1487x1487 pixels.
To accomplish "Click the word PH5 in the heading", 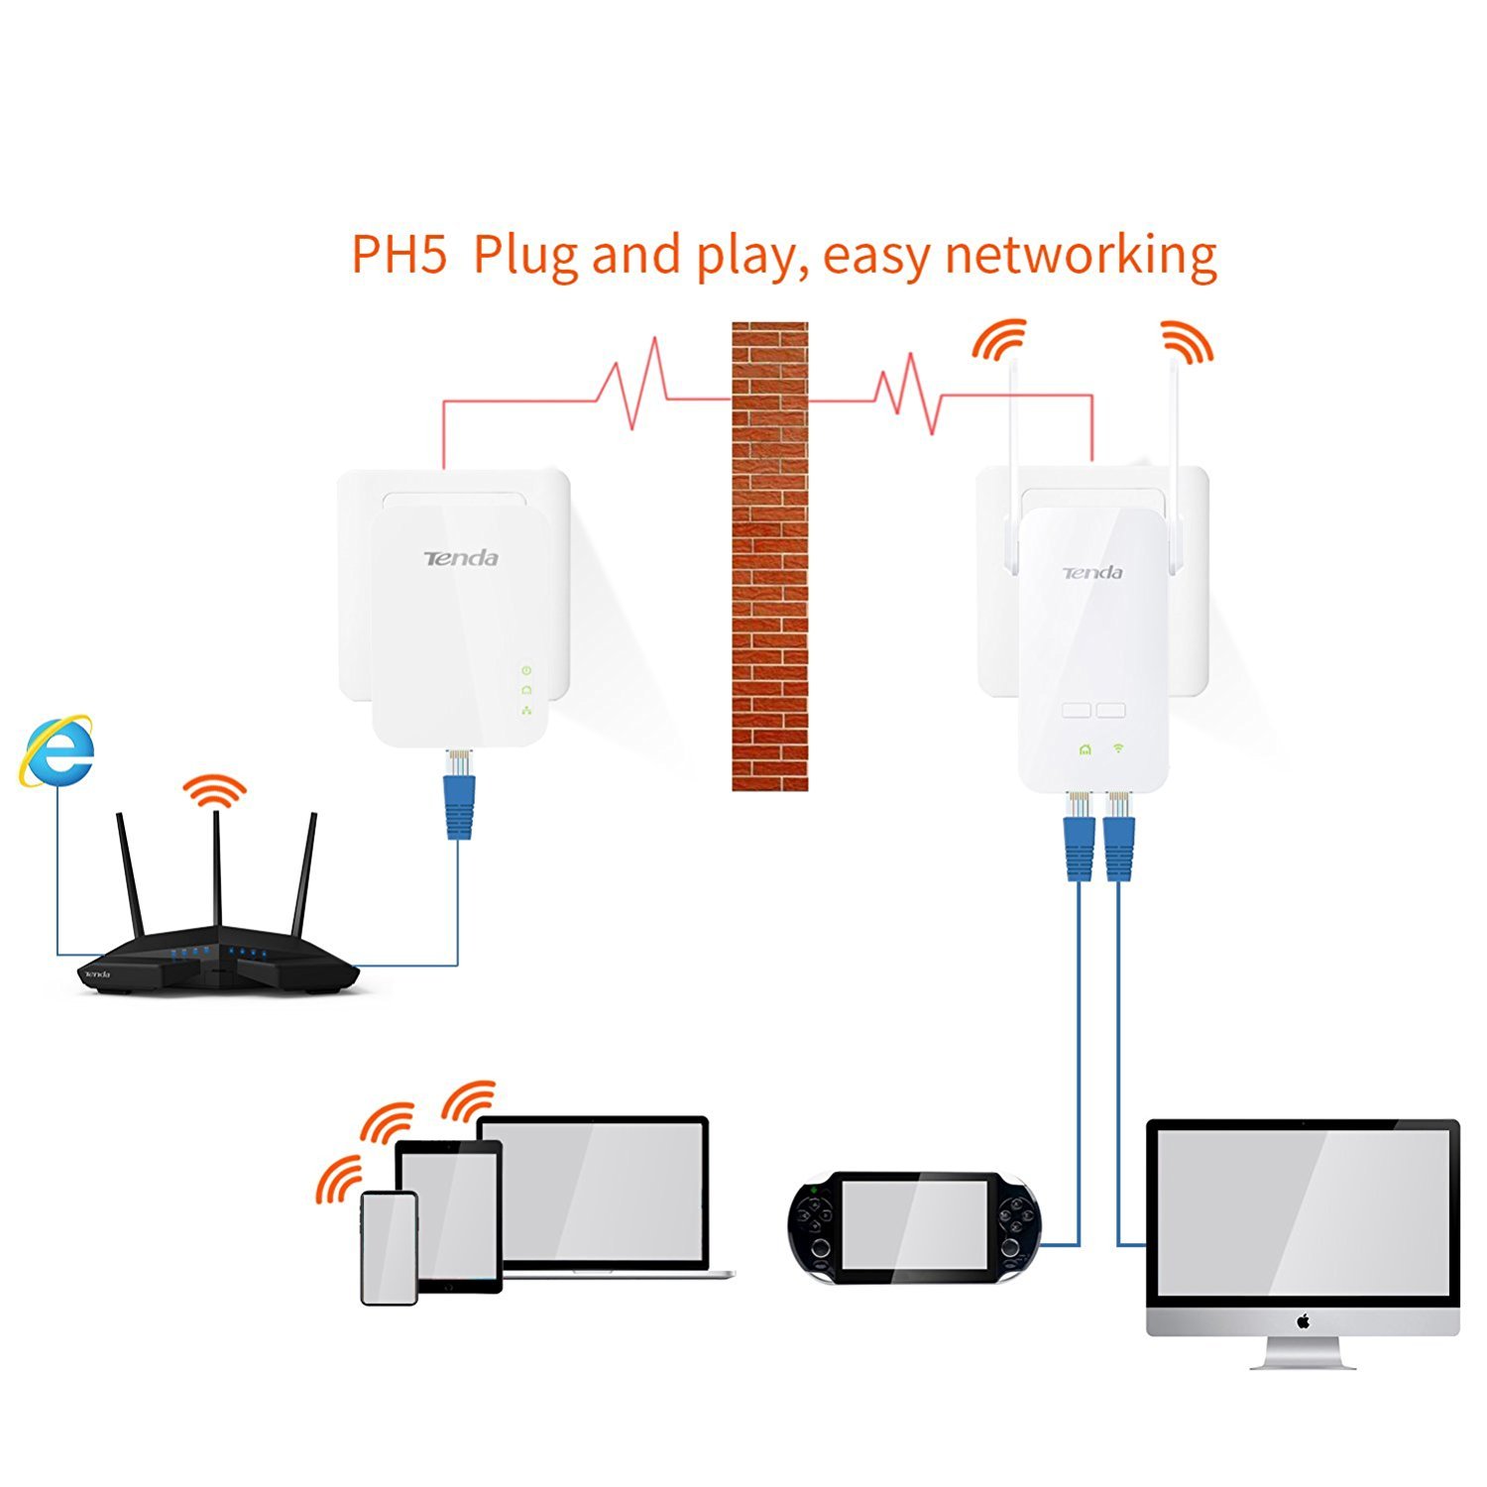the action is [397, 256].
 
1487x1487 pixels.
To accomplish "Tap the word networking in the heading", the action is [1081, 256].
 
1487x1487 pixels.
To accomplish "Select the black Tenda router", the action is [218, 967].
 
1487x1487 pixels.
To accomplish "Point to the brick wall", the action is [769, 555].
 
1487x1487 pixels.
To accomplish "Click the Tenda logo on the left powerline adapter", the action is [461, 558].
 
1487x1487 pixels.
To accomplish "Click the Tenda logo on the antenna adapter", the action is [1092, 573].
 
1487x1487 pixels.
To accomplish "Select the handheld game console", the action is [914, 1227].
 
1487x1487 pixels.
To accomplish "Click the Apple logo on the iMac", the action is [1303, 1320].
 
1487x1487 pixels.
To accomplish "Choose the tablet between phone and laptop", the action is [449, 1214].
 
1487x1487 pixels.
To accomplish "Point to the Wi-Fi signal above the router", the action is [215, 790].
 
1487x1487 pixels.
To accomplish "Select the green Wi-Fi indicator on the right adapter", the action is [1118, 747].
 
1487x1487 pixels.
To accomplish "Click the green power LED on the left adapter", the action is [526, 671].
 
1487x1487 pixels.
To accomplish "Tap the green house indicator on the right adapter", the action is [1085, 749].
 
